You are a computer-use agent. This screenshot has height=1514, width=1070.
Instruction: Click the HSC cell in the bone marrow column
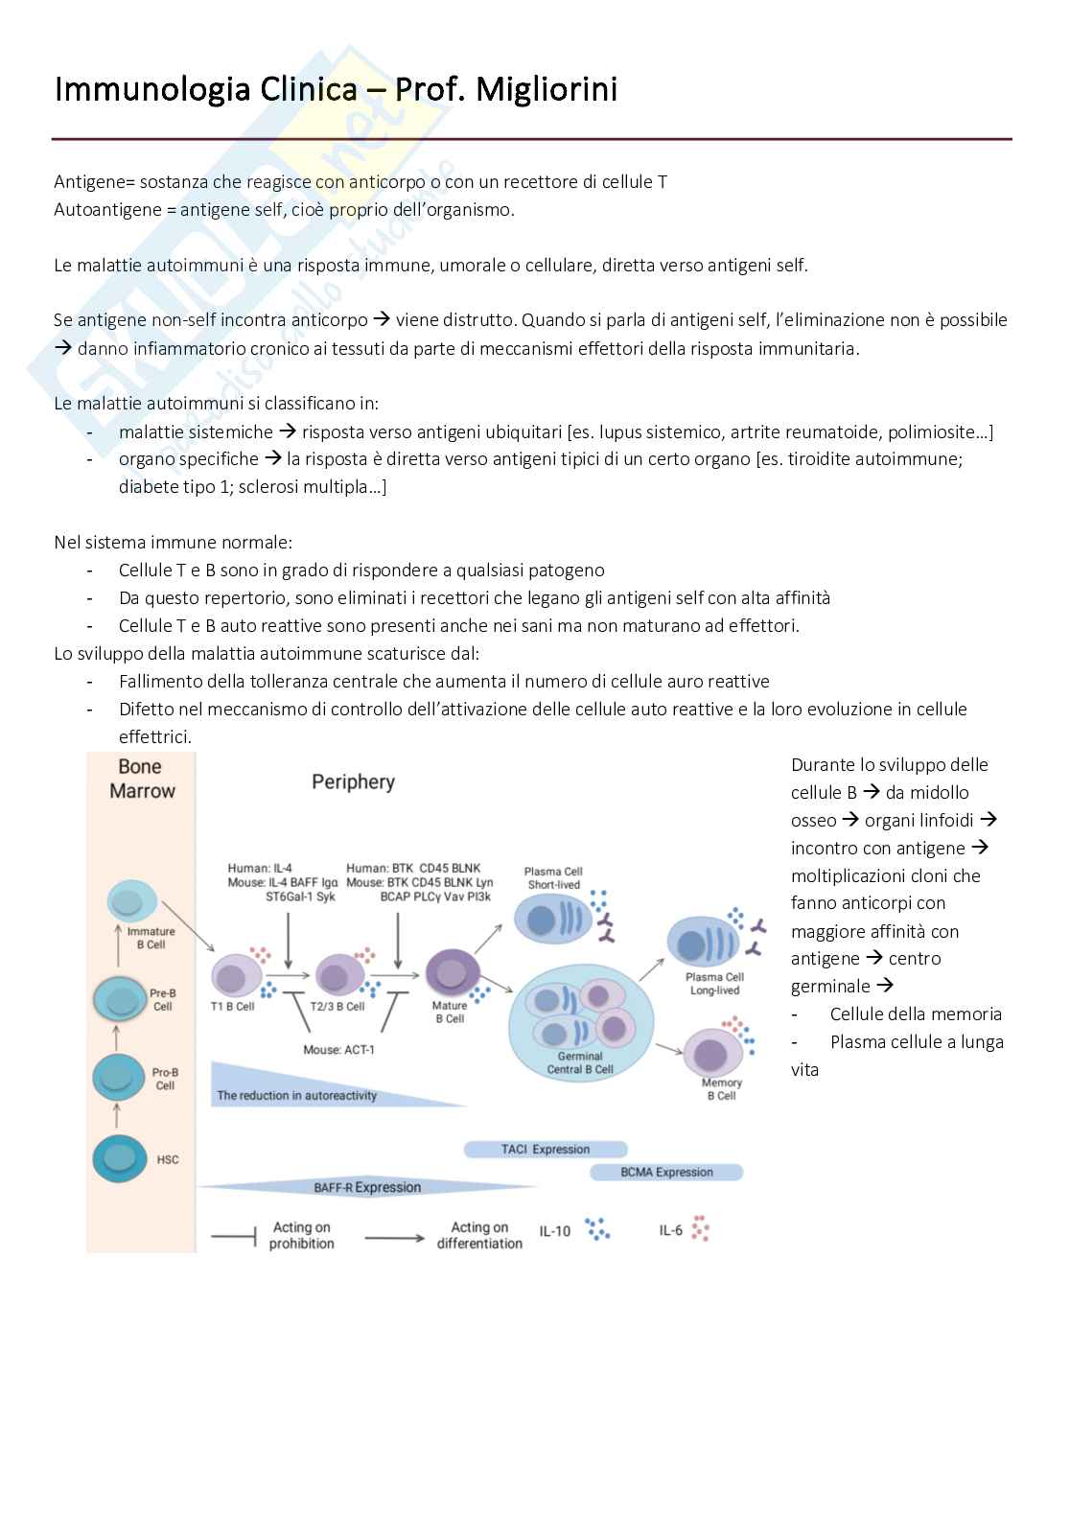click(120, 1157)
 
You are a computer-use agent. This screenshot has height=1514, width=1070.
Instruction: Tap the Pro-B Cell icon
click(119, 1077)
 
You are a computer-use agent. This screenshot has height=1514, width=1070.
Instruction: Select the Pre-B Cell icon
click(120, 999)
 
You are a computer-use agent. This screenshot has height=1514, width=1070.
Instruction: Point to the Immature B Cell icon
click(128, 901)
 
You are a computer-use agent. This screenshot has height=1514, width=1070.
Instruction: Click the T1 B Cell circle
click(234, 976)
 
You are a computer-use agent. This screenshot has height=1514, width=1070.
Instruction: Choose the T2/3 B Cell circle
click(337, 976)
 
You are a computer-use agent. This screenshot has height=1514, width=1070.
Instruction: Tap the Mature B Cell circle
click(451, 973)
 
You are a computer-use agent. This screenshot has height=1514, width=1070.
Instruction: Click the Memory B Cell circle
click(711, 1054)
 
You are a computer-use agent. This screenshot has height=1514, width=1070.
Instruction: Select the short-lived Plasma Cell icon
click(551, 920)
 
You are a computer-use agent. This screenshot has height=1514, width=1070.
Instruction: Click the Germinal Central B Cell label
click(580, 1062)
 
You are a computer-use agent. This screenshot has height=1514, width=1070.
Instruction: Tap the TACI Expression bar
click(546, 1149)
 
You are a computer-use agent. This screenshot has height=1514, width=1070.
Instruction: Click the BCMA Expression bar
click(666, 1172)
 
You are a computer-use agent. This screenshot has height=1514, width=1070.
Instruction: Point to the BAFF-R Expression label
click(367, 1187)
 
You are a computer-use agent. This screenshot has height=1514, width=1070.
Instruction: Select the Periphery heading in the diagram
click(353, 782)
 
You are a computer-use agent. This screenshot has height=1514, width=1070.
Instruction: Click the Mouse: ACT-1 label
click(338, 1050)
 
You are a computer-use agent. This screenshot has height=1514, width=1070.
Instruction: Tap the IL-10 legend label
click(554, 1231)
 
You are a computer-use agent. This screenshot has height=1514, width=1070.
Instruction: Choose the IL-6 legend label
click(670, 1230)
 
